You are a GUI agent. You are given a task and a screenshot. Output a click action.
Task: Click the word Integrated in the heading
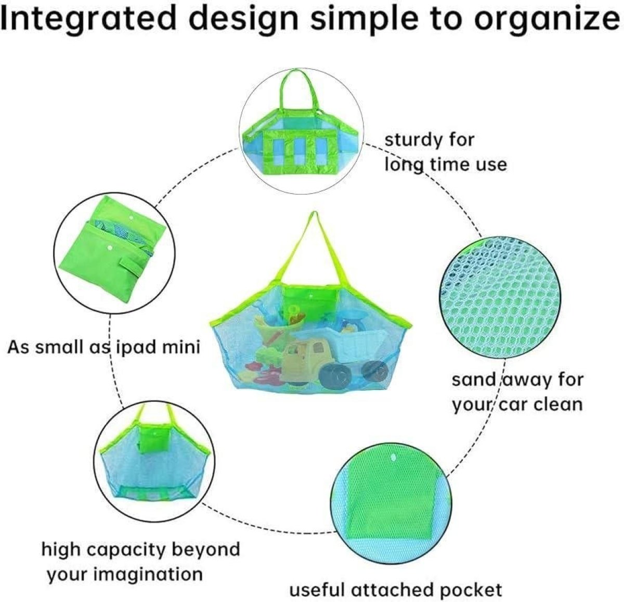[88, 19]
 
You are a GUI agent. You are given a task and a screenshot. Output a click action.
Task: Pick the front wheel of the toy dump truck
[336, 374]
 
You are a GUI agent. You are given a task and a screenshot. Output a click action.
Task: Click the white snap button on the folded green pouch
[110, 248]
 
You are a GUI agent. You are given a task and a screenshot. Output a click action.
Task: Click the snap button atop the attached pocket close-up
[393, 457]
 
